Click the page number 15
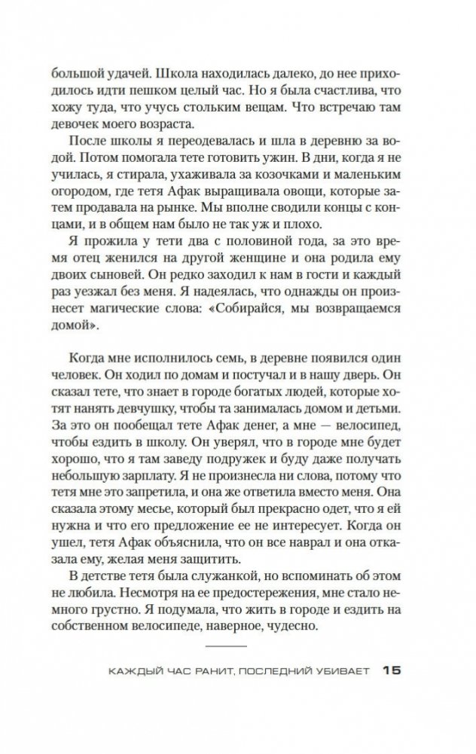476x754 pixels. [394, 671]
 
